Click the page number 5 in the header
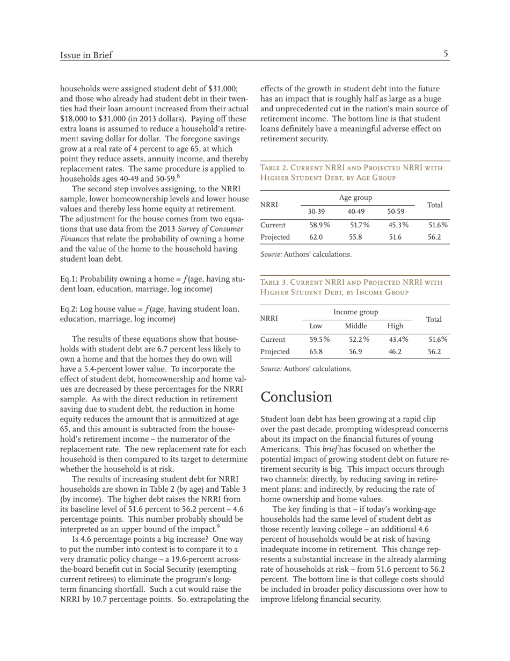pos(446,54)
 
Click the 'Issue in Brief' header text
pos(86,55)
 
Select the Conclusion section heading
pos(296,397)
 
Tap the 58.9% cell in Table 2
pos(320,225)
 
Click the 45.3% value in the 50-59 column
pos(398,225)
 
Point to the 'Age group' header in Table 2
pos(355,198)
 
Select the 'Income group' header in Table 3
pos(355,312)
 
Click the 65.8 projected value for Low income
pos(316,351)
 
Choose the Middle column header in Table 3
pos(355,326)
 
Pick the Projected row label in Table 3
pos(275,351)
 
